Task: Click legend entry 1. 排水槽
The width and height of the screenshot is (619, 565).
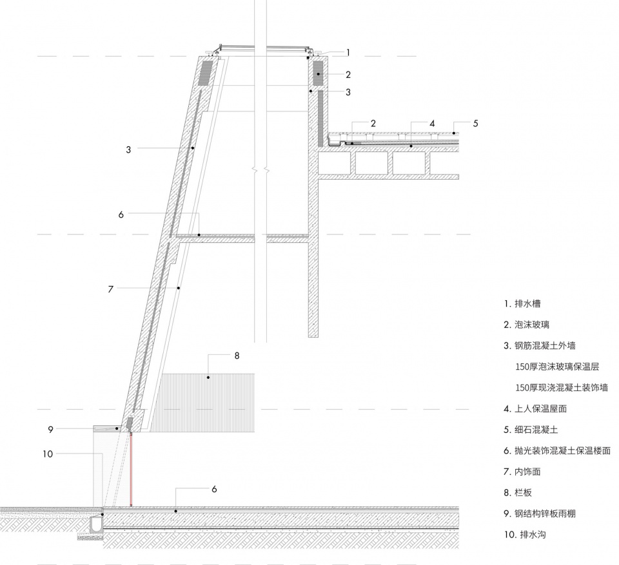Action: [522, 304]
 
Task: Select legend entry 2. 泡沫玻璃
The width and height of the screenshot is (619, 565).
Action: [526, 325]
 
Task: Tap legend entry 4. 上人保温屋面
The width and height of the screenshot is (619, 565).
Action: [535, 408]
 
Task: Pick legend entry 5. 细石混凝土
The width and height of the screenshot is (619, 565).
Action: [531, 430]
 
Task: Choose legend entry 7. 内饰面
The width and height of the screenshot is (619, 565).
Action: [522, 472]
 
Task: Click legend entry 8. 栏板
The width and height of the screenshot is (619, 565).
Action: [518, 492]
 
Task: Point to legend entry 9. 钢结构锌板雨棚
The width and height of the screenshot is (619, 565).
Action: [539, 513]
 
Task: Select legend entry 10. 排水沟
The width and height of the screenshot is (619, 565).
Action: [525, 535]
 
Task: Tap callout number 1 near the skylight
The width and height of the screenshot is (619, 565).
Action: [348, 52]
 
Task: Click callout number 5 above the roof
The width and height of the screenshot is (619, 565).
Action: [475, 124]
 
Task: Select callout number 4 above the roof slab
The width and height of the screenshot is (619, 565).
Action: [432, 124]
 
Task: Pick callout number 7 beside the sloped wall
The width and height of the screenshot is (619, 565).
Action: [110, 289]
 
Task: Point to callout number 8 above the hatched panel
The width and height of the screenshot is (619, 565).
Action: [237, 356]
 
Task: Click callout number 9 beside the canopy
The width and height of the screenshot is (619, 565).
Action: [50, 430]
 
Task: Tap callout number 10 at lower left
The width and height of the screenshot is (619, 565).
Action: [48, 454]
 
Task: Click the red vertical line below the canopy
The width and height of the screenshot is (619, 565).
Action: [131, 470]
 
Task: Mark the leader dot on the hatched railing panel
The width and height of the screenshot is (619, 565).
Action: [208, 378]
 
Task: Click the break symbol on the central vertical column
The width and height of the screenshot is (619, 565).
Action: [260, 171]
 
